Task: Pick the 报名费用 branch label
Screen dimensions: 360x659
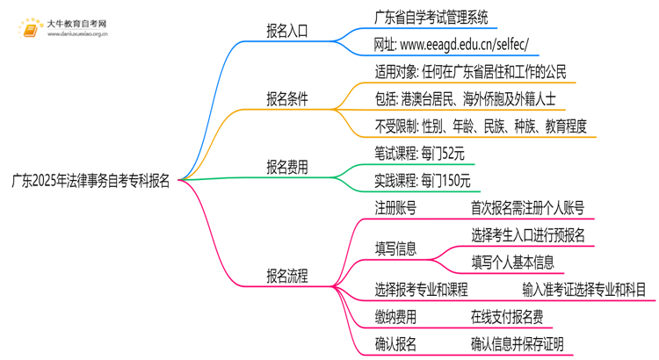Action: point(287,166)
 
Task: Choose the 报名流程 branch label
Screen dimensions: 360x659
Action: point(287,276)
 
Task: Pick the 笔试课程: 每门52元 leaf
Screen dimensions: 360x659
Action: point(419,153)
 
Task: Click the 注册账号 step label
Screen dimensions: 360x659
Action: point(395,208)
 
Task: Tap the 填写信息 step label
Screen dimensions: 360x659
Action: point(395,248)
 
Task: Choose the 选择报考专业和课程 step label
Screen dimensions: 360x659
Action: point(421,289)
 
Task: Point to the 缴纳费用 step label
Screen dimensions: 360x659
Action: point(395,316)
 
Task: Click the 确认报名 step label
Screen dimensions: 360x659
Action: point(395,343)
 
